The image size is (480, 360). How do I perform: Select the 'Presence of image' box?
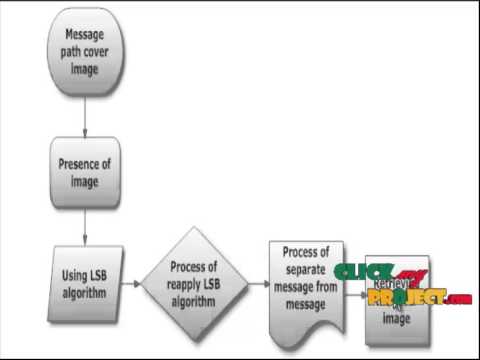pos(85,171)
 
